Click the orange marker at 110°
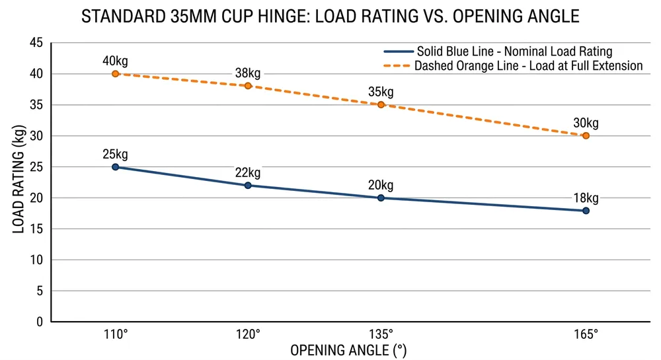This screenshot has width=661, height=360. click(x=115, y=74)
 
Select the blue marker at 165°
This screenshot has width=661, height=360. click(x=586, y=211)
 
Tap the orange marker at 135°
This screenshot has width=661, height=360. click(x=381, y=104)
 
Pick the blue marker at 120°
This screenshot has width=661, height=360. click(x=248, y=186)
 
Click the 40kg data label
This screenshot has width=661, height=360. click(x=115, y=61)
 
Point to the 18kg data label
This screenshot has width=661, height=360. click(x=586, y=198)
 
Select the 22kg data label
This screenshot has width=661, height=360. click(x=248, y=173)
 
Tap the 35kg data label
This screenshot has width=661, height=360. click(x=381, y=92)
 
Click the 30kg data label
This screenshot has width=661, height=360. click(x=586, y=123)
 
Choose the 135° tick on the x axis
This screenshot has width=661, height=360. click(x=381, y=334)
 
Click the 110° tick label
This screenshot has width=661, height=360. click(x=115, y=334)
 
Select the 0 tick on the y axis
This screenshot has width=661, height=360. click(x=39, y=322)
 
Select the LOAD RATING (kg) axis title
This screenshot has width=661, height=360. click(x=19, y=182)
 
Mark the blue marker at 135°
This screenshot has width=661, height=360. click(x=381, y=198)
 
